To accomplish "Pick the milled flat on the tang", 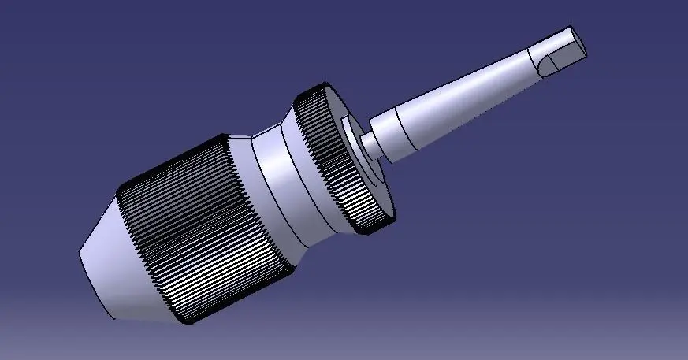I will [x=564, y=60].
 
